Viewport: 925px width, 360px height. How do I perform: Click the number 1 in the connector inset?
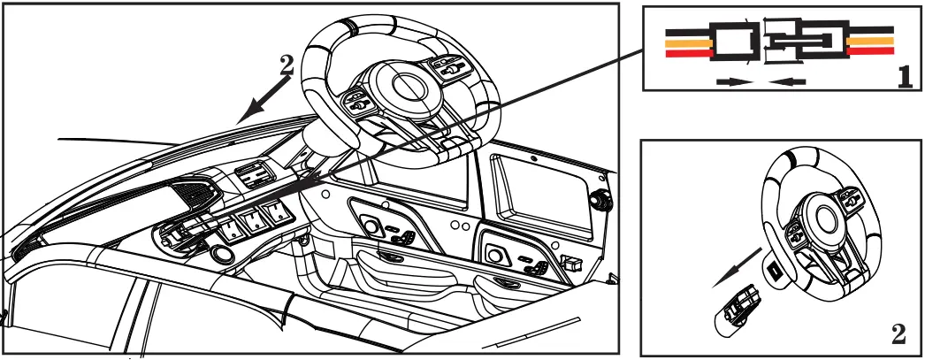pos(904,76)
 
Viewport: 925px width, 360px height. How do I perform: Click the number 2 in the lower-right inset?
pos(898,334)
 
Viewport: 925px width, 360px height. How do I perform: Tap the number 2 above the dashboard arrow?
pos(286,64)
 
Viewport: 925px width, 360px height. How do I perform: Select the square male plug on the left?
pos(731,42)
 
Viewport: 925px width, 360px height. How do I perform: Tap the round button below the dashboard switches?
pos(221,256)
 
